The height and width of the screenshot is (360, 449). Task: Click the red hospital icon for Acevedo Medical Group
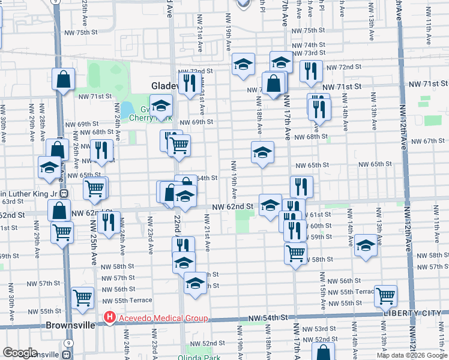[109, 318]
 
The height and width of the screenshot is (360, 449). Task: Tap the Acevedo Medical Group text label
[162, 318]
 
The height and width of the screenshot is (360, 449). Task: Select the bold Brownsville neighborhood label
[70, 325]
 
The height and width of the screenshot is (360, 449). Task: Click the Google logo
[20, 353]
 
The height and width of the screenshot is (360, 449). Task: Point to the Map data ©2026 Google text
[412, 355]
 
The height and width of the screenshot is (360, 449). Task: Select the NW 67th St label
[424, 141]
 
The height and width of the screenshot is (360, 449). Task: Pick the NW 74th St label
[315, 45]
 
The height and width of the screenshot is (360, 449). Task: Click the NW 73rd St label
[315, 53]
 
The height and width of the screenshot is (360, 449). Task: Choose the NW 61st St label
[319, 214]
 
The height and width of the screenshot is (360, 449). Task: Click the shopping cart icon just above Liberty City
[385, 295]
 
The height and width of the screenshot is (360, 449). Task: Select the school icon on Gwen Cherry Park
[161, 106]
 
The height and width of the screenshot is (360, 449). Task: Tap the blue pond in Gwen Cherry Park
[127, 110]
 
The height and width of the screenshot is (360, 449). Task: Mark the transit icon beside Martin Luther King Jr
[63, 194]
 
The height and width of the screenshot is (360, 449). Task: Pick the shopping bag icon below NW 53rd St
[323, 352]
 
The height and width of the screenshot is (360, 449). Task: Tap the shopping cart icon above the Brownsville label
[82, 296]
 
